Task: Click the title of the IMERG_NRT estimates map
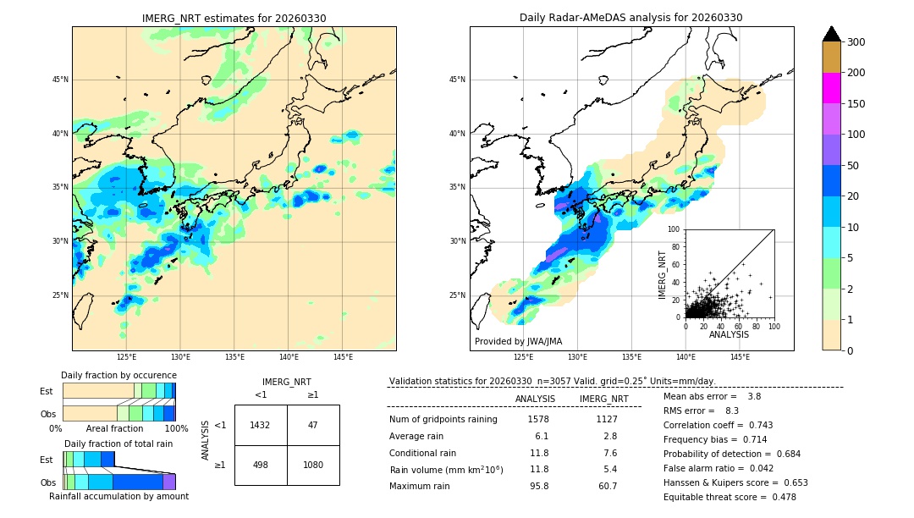point(234,18)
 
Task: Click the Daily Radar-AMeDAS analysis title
point(631,18)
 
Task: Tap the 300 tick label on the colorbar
point(856,42)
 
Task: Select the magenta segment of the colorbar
point(832,88)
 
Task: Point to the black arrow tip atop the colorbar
point(832,32)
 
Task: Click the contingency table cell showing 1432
point(260,425)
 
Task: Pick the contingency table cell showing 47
point(313,425)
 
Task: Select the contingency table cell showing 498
point(260,465)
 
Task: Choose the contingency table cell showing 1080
point(313,465)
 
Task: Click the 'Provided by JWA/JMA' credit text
point(518,342)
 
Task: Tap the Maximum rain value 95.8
point(538,486)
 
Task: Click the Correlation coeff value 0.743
point(755,425)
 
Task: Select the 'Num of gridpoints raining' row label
point(443,419)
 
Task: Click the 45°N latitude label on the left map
point(59,80)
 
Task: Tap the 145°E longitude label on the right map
point(740,357)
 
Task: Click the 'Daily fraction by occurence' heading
point(118,375)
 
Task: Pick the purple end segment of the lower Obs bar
point(169,482)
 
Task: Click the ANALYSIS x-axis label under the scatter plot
point(729,334)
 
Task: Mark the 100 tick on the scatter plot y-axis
point(674,229)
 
